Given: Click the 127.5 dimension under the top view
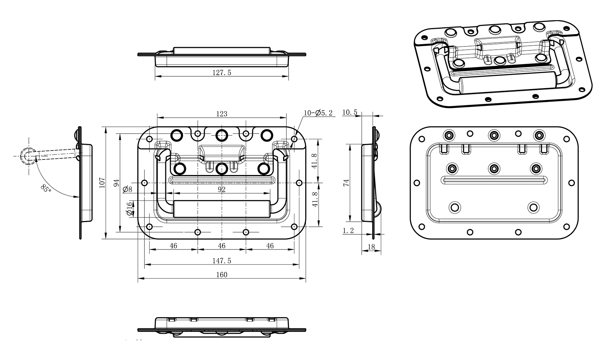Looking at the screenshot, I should coord(222,72).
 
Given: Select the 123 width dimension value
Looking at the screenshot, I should coord(222,114).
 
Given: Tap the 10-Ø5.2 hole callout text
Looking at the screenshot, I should coord(318,113).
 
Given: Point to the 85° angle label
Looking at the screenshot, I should coord(46,188).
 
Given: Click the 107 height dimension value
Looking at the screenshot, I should coord(102,183).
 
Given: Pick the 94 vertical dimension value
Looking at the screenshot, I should coord(116,183).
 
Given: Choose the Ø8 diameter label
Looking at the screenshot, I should coord(127,189).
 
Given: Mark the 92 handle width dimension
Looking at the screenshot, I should coord(222,189).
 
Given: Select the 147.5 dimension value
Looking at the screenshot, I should coord(222,261).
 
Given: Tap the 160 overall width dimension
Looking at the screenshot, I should coord(222,275).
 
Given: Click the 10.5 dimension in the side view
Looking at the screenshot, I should coord(349,112).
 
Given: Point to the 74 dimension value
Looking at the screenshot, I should coord(346,183).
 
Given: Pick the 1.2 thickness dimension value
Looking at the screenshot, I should coord(348,231).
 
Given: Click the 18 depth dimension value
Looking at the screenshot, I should coord(371,247).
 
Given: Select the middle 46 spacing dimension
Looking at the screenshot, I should coord(222,246).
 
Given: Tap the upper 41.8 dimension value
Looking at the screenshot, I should coord(315,161).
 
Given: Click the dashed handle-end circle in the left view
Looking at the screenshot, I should coord(28,156).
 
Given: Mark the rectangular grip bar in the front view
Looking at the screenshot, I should coord(222,209).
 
